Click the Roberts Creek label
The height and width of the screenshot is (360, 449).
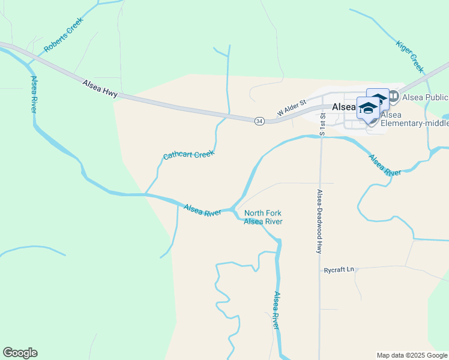[64, 34]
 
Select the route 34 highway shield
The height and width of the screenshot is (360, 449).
[259, 121]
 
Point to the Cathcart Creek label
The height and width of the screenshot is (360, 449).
[188, 155]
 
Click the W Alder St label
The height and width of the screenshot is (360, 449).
[291, 108]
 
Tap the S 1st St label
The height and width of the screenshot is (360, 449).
[322, 123]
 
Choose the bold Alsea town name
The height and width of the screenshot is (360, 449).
[344, 106]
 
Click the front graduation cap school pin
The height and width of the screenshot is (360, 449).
[367, 108]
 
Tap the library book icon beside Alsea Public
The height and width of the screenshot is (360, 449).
[394, 96]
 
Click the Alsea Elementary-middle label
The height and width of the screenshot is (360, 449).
[414, 119]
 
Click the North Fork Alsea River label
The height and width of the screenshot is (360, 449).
[263, 217]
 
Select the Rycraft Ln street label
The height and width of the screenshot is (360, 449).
[339, 270]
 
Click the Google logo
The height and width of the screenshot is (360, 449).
[20, 353]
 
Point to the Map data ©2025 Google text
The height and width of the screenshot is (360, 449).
[411, 355]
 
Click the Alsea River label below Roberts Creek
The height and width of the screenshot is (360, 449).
[34, 95]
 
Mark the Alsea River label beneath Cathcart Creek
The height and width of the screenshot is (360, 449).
[202, 210]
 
